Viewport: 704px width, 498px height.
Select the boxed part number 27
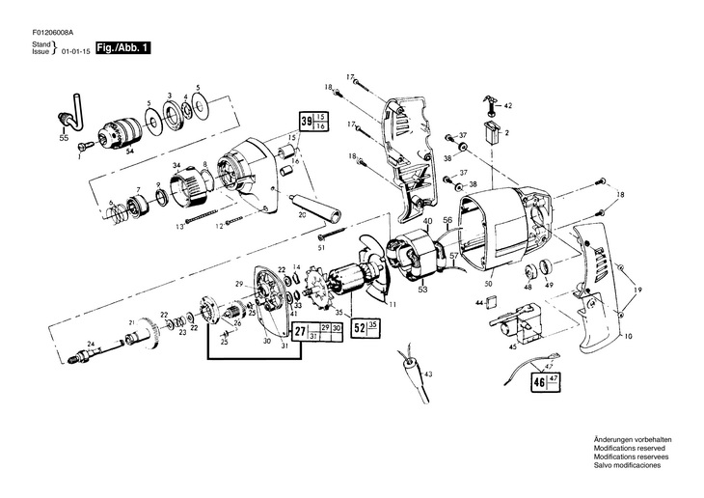coord(300,334)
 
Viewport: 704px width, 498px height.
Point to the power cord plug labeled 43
coord(406,368)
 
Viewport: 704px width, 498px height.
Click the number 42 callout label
coord(508,104)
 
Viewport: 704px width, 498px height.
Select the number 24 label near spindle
coord(89,342)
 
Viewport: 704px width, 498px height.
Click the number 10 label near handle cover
coord(629,336)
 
